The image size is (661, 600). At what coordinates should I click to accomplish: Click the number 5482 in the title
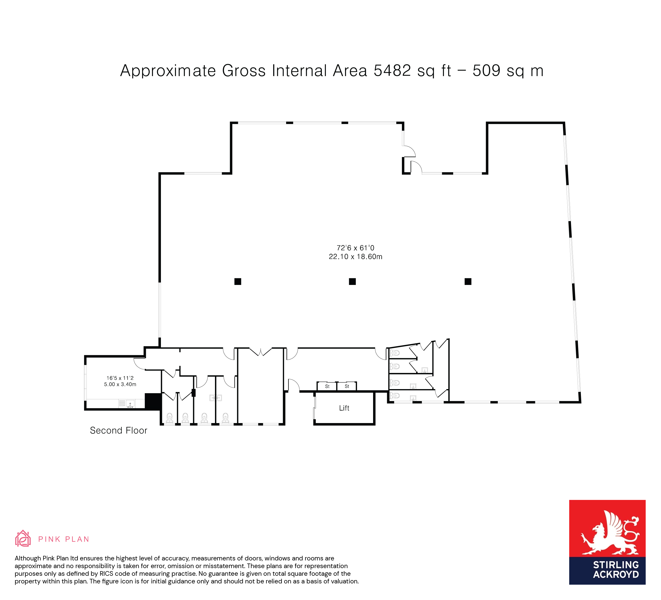pyautogui.click(x=392, y=70)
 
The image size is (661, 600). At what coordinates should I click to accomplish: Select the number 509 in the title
pyautogui.click(x=487, y=70)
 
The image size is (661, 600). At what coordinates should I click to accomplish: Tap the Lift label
pyautogui.click(x=344, y=408)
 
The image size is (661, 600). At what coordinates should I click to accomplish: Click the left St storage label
pyautogui.click(x=327, y=386)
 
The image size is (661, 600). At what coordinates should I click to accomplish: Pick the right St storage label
pyautogui.click(x=347, y=386)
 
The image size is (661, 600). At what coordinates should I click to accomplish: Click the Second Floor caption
pyautogui.click(x=119, y=430)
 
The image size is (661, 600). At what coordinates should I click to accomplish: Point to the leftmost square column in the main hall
pyautogui.click(x=238, y=281)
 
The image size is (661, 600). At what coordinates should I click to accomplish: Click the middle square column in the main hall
pyautogui.click(x=352, y=281)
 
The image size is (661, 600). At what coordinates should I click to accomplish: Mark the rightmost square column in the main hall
pyautogui.click(x=468, y=281)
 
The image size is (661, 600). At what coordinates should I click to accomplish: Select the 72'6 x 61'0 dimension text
pyautogui.click(x=355, y=248)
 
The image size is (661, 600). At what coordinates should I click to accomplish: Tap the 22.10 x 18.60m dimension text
pyautogui.click(x=355, y=257)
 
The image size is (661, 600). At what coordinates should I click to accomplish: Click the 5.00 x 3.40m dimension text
pyautogui.click(x=120, y=384)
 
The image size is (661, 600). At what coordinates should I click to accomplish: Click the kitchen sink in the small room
pyautogui.click(x=130, y=403)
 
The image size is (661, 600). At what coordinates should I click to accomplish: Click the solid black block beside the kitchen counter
pyautogui.click(x=153, y=401)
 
